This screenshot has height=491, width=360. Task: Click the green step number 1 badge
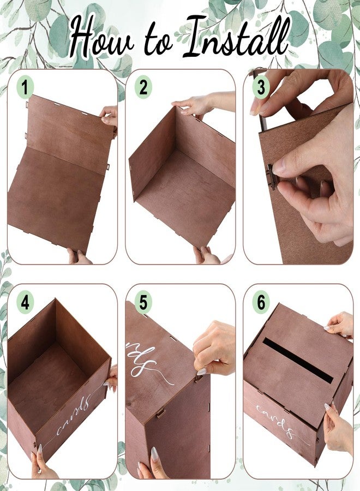(x=25, y=87)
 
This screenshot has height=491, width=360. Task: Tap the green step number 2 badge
(x=143, y=87)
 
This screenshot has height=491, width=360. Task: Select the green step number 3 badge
(x=261, y=87)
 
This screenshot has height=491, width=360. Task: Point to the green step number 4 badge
(x=25, y=302)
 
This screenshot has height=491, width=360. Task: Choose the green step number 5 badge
(x=143, y=302)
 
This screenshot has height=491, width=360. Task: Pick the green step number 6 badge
(x=261, y=302)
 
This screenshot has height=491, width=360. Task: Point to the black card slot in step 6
(x=298, y=360)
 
